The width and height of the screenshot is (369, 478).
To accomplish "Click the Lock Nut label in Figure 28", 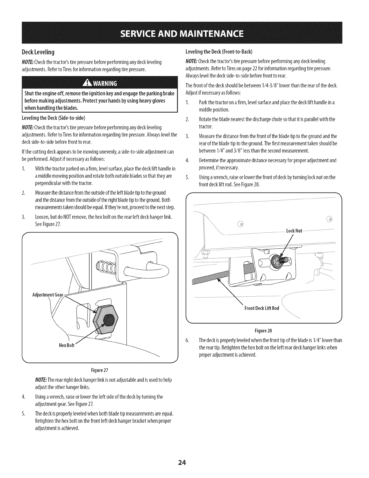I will coord(294,231).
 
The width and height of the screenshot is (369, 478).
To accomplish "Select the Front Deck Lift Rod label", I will coord(261,308).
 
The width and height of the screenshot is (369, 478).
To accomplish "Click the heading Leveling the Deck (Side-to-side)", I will coord(54,117).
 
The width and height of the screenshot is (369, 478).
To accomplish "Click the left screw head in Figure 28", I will coord(240,224).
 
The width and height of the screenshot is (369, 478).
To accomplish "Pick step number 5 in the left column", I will coord(23,413).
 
